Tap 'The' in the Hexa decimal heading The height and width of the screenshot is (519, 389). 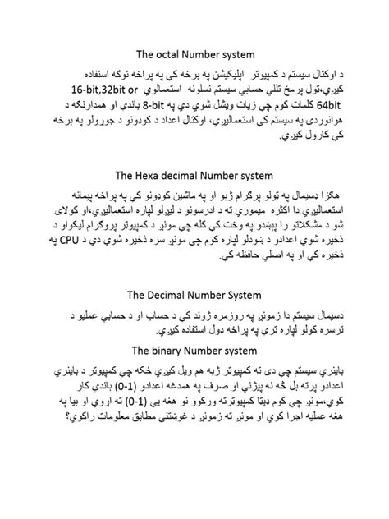126,175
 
